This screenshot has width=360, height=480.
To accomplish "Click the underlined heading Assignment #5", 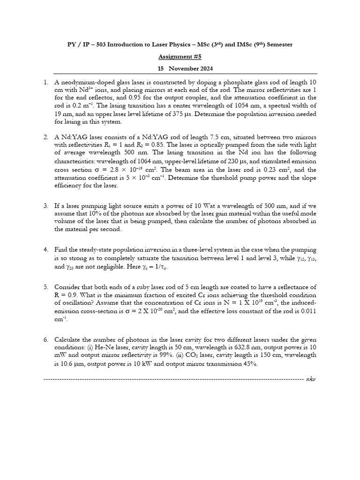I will tap(180, 56).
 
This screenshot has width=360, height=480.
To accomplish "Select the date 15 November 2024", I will tap(180, 68).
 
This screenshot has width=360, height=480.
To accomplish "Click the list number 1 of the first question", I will tap(45, 82).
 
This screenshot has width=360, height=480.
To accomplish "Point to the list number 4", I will tap(45, 249).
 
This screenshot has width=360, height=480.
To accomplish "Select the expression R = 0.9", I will tap(68, 295).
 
